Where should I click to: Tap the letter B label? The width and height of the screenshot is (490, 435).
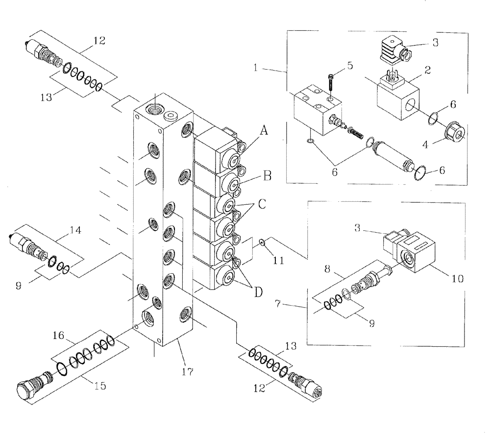pos(267,175)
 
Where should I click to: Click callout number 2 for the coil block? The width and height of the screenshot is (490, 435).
pos(427,71)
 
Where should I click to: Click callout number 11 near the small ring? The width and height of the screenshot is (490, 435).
pos(278,262)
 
